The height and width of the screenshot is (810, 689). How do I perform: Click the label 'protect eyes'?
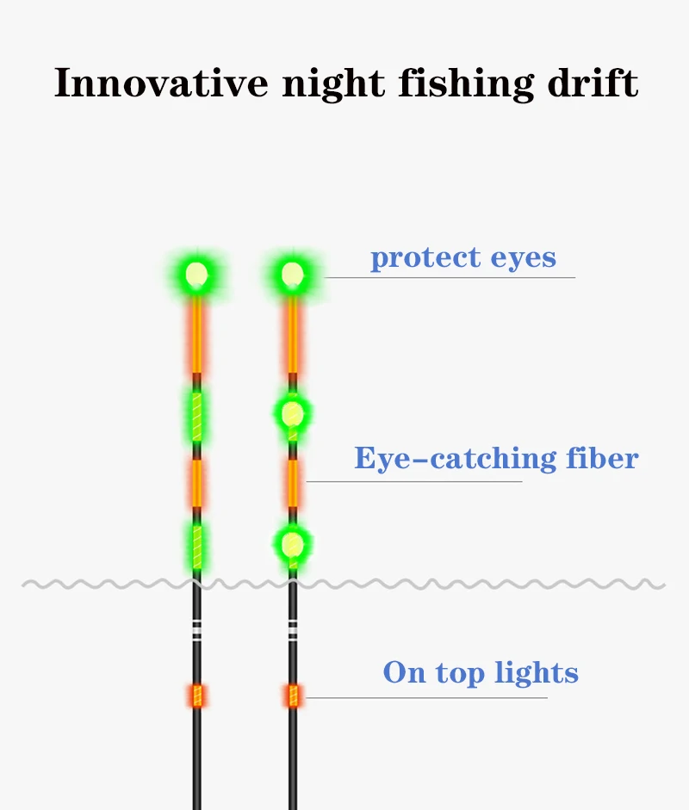coord(463,257)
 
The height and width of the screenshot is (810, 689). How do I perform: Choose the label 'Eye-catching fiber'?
coord(496,458)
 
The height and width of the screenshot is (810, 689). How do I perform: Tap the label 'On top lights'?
coord(481,672)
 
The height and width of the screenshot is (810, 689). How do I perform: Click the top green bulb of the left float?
coord(196,275)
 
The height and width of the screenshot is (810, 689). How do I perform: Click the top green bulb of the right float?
coord(293,275)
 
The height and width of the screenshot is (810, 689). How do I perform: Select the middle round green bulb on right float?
coord(293,414)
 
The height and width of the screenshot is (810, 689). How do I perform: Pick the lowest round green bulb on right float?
coord(293,543)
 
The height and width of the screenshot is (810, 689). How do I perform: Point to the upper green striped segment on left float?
coord(197,416)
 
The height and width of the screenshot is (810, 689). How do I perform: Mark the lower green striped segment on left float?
coord(197,545)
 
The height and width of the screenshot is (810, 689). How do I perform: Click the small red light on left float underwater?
coord(197,696)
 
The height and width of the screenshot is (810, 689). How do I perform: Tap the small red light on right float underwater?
coord(293,696)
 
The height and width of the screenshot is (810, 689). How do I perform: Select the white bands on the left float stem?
coord(197,631)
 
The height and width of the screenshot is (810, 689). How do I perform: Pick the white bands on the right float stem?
coord(293,631)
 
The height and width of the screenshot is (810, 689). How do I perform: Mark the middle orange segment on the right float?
coord(293,482)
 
